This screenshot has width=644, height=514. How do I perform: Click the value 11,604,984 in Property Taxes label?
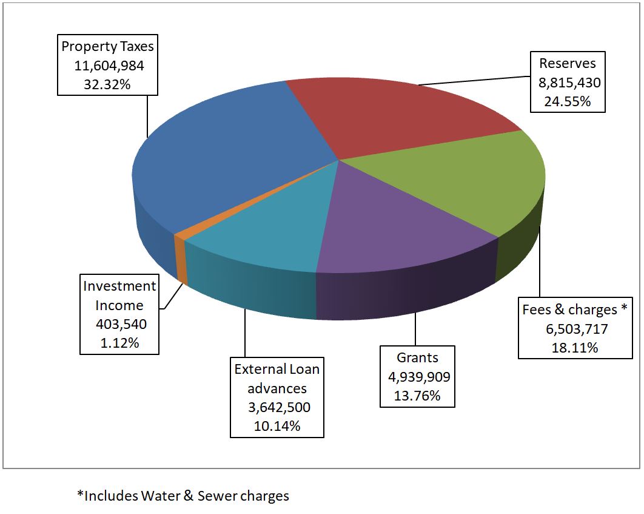[108, 66]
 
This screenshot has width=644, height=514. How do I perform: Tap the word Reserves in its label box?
[568, 63]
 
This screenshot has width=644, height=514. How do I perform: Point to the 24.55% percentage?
[568, 101]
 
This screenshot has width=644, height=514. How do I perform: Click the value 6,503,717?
[572, 329]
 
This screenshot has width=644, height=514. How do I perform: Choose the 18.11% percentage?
[572, 348]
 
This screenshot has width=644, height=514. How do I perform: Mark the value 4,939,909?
[419, 377]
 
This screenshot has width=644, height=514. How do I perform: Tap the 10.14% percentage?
[277, 425]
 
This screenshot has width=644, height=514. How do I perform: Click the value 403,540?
[121, 324]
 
